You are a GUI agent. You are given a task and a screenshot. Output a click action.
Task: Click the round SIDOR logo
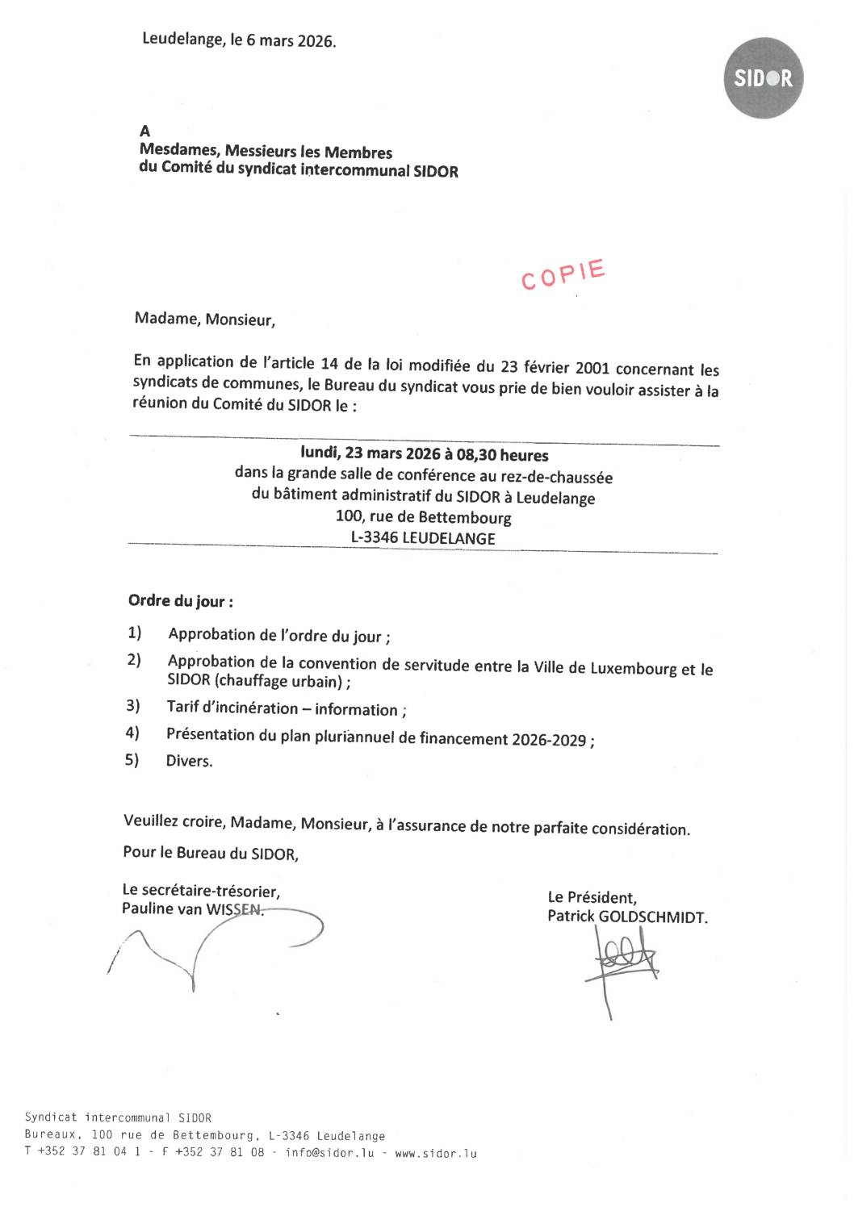(763, 78)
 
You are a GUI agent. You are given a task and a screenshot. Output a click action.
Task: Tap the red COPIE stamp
(563, 274)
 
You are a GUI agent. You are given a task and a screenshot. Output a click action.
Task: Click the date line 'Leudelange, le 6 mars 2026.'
(239, 40)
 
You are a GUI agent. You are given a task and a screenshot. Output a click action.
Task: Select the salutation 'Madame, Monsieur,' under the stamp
(205, 319)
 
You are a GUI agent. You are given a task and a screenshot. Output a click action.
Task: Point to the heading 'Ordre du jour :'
(181, 601)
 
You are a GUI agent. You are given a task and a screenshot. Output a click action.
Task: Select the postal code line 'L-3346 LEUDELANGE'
(423, 537)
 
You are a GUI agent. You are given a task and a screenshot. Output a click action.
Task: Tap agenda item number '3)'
(133, 706)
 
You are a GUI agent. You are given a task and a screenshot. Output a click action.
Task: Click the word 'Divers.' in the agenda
(190, 761)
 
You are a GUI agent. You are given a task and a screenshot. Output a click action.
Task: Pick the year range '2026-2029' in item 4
(549, 739)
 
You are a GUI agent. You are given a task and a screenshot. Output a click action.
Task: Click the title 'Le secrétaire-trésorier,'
(201, 891)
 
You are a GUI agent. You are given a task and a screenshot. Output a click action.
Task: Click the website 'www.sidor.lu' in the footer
(436, 1153)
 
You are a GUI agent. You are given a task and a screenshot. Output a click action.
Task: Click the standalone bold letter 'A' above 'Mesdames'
(145, 131)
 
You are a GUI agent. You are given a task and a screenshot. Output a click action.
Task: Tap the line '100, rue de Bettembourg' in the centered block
(423, 516)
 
